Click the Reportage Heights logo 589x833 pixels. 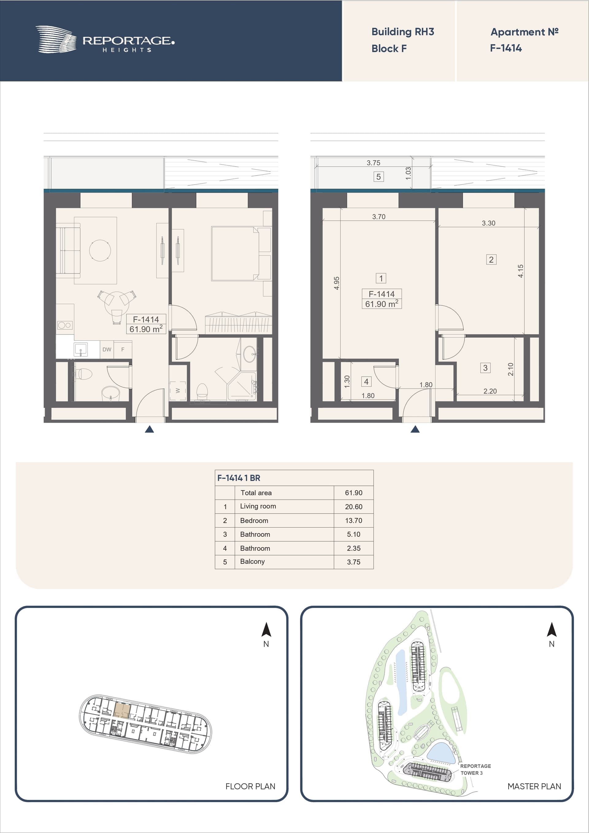pyautogui.click(x=105, y=40)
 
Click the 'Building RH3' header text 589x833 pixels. pyautogui.click(x=402, y=32)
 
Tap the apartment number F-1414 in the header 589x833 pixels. pyautogui.click(x=506, y=48)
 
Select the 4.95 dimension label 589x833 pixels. pyautogui.click(x=337, y=283)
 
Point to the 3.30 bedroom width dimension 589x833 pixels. pyautogui.click(x=488, y=223)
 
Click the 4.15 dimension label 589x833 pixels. pyautogui.click(x=520, y=271)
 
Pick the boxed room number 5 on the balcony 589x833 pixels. pyautogui.click(x=379, y=177)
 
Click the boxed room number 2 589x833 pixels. pyautogui.click(x=491, y=259)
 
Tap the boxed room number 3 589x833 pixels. pyautogui.click(x=485, y=368)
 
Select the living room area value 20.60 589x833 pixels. pyautogui.click(x=353, y=506)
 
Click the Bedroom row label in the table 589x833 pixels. pyautogui.click(x=254, y=520)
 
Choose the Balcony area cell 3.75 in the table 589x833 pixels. pyautogui.click(x=353, y=562)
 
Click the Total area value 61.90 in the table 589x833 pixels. pyautogui.click(x=353, y=493)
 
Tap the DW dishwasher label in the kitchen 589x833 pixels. pyautogui.click(x=107, y=349)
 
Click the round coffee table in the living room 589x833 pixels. pyautogui.click(x=100, y=250)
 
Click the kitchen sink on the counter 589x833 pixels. pyautogui.click(x=81, y=350)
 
